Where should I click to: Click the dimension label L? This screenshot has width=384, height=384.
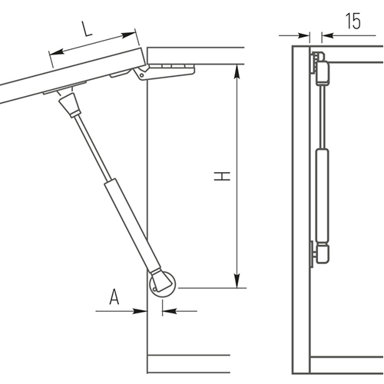coord(87,28)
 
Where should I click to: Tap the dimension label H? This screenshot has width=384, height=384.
coord(222,176)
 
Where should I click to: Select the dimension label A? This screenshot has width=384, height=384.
coord(114,296)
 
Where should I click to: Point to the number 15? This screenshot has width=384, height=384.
coord(353,21)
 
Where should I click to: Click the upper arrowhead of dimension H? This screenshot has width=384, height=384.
coord(237,71)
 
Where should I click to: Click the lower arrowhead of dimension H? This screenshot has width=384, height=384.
coord(237,281)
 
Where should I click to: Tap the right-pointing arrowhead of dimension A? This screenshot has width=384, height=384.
coord(140,311)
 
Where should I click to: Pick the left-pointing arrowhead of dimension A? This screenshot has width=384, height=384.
coord(170,311)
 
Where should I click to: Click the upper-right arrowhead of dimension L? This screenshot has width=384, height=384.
coord(128,35)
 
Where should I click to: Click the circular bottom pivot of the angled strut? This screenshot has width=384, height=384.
coord(162,284)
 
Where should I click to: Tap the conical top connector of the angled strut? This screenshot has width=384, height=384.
coord(70,104)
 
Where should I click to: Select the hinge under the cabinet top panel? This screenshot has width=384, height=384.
coord(164,71)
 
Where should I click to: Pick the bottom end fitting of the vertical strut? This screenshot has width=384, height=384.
coord(321,253)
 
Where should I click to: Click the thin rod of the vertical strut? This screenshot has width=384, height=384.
coord(323,117)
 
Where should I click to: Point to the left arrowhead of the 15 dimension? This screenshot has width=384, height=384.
coord(303,35)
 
